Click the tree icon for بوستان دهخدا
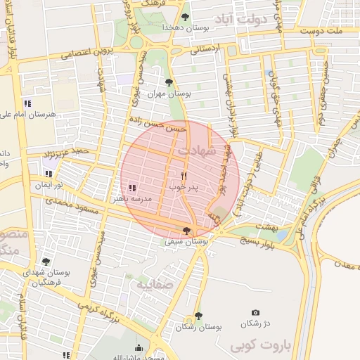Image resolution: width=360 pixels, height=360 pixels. click(x=185, y=16)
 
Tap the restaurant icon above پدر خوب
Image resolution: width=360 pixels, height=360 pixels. click(x=184, y=175)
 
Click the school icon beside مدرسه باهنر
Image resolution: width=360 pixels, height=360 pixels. click(x=133, y=187)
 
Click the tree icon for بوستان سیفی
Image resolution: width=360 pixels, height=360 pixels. click(x=186, y=230)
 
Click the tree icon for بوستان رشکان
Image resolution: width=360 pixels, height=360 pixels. click(x=199, y=316)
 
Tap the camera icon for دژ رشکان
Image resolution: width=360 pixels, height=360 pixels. click(x=255, y=313)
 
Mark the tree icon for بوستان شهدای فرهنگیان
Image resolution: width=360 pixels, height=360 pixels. click(x=46, y=261)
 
